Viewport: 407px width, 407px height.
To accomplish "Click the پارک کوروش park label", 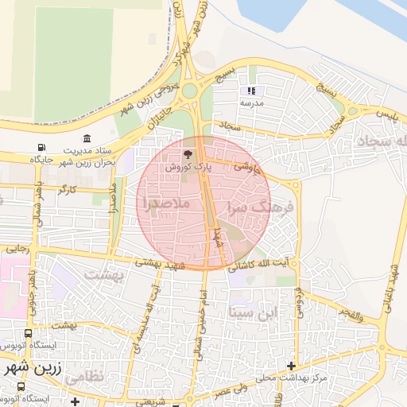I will coord(188,168).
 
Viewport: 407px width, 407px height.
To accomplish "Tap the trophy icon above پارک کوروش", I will coord(188,154).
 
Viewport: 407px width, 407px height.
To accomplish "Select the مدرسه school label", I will coord(251,103).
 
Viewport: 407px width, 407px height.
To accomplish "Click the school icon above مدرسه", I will coord(251,91).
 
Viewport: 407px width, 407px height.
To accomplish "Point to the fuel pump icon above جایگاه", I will coord(41,148).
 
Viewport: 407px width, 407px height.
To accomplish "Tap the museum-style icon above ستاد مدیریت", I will coord(87,139).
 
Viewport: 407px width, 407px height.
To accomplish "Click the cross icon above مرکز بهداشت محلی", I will coord(292,365).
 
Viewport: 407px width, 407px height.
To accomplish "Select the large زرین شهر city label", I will coord(31,370).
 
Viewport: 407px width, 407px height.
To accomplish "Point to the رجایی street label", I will coord(17,249).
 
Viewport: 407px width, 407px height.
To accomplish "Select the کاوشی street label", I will coord(246,167).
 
